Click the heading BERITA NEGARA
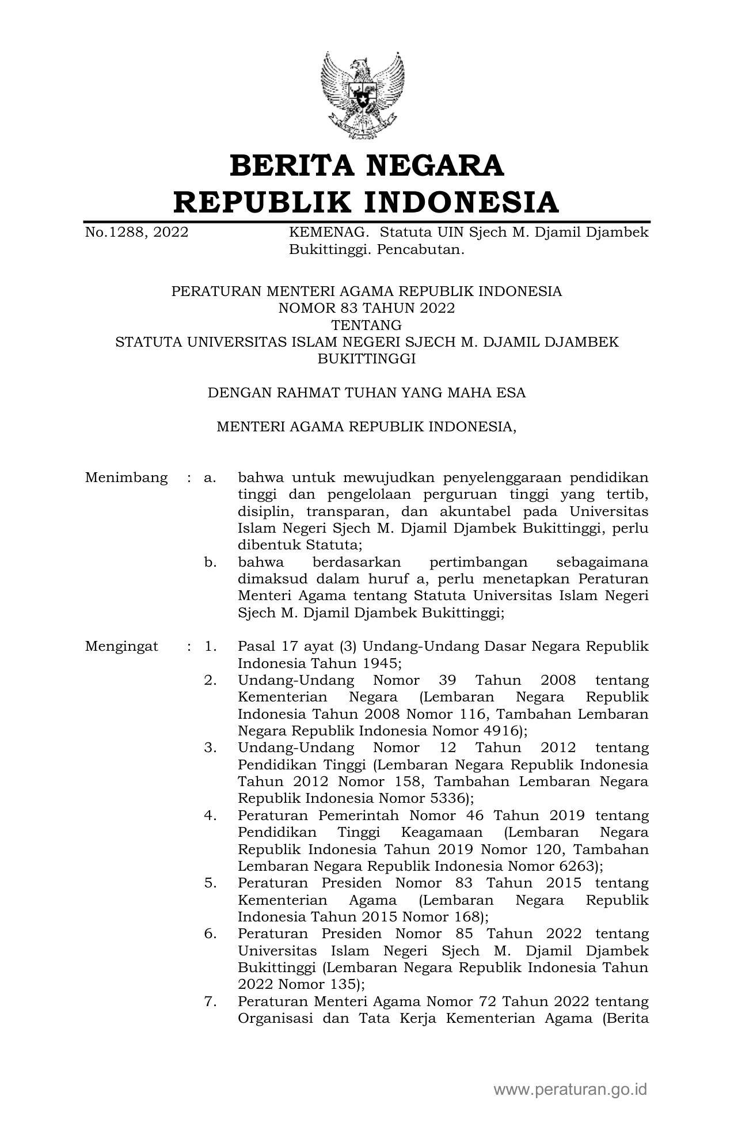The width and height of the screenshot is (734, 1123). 367,166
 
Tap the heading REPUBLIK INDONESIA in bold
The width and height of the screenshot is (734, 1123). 367,202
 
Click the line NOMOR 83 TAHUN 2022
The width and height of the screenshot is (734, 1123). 367,308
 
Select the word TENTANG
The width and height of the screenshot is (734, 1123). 367,325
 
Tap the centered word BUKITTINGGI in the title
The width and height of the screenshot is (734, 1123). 367,359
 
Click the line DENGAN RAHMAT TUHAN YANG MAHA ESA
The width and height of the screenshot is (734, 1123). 367,393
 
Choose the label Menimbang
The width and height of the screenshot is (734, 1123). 127,477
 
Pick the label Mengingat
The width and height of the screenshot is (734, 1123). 121,646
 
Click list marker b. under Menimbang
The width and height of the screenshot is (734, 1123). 210,562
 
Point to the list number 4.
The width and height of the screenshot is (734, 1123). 210,815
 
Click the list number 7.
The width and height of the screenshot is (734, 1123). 210,1001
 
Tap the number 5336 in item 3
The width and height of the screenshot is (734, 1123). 447,799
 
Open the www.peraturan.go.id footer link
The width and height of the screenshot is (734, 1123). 571,1090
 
